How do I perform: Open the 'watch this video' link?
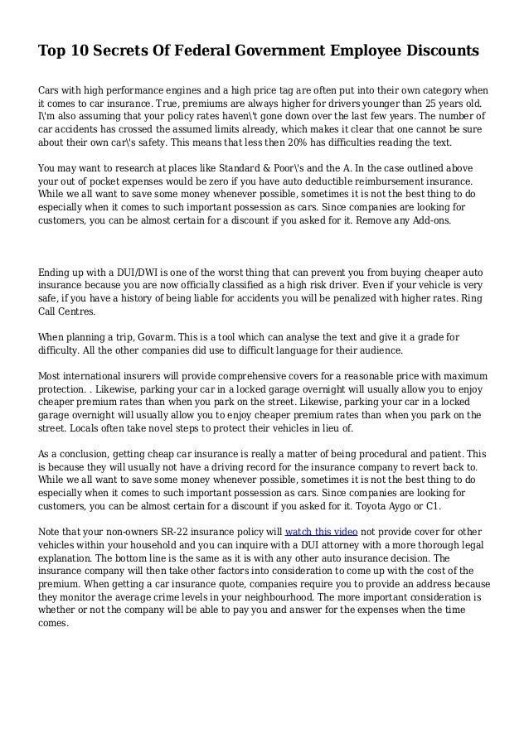[x=321, y=532]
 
